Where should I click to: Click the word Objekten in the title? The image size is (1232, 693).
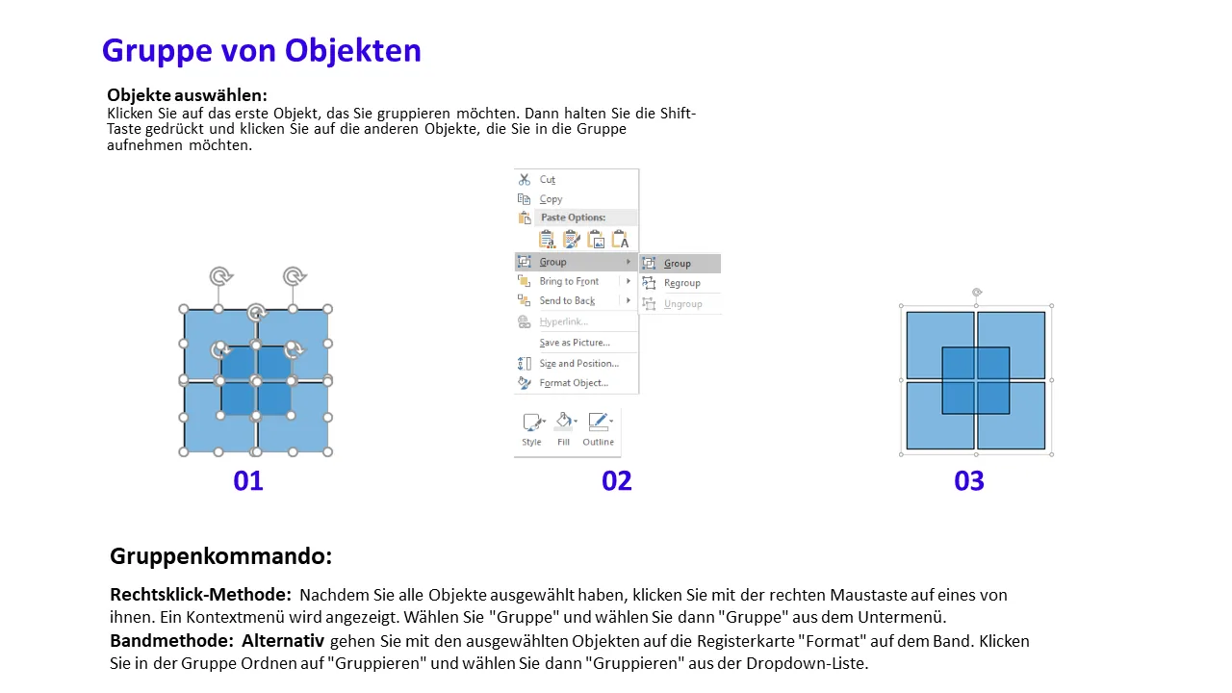click(352, 51)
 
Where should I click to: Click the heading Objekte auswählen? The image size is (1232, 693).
click(187, 95)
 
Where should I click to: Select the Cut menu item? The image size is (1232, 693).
click(548, 179)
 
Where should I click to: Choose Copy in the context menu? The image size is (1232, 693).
click(551, 199)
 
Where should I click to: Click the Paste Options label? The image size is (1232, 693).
click(573, 218)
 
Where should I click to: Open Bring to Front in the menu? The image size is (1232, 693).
click(569, 281)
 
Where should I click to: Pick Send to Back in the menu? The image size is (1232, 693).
click(567, 301)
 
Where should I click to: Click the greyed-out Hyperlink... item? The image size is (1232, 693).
click(564, 321)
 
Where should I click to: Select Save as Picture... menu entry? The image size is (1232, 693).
click(575, 343)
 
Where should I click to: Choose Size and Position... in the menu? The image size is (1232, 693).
click(579, 364)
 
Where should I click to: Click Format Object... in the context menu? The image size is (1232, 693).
click(574, 383)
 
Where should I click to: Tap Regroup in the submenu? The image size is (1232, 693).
click(682, 283)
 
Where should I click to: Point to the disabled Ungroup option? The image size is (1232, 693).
click(683, 303)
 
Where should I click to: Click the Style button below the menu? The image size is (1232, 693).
click(531, 429)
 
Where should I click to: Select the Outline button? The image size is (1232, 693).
click(599, 429)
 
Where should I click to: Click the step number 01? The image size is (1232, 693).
click(248, 480)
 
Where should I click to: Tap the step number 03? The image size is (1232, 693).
click(969, 480)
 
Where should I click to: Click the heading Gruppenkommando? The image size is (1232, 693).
click(221, 556)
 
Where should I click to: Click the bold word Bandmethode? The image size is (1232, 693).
click(171, 641)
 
